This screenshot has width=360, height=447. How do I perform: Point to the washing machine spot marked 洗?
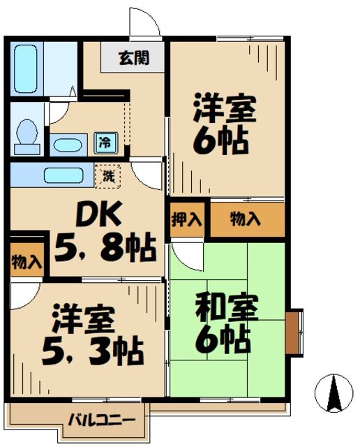click(109, 174)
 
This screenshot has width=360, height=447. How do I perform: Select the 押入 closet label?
click(186, 219)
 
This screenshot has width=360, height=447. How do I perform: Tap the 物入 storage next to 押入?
click(246, 219)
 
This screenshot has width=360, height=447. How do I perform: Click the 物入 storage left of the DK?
click(27, 263)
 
